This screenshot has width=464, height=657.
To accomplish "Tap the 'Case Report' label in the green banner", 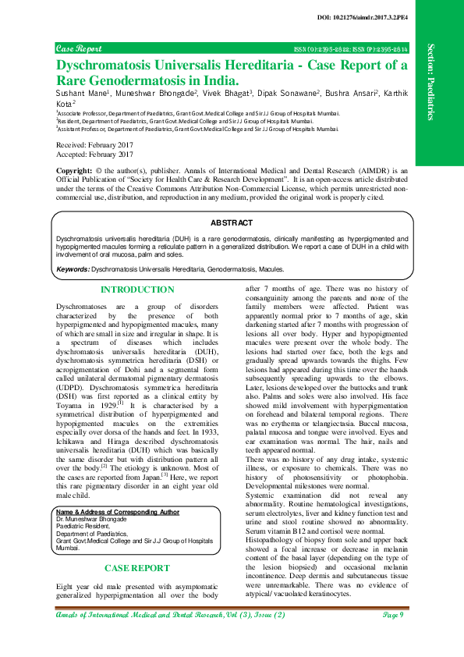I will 79,48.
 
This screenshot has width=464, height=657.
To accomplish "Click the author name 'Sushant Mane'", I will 86,92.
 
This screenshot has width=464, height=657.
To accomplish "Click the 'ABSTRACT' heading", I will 232,222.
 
